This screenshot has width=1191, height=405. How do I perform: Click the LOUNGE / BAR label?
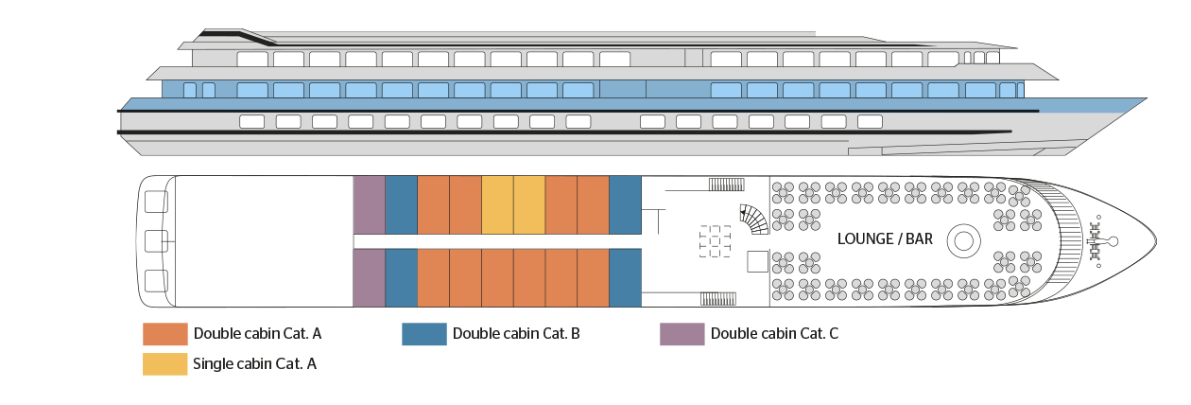tap(885, 239)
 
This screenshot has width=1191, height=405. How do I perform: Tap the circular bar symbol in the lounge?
tap(962, 240)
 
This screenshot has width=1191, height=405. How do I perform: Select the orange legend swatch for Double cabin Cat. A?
tap(165, 334)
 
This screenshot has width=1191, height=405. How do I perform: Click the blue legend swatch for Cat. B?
tap(423, 334)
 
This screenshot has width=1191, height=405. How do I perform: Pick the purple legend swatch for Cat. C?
tap(682, 334)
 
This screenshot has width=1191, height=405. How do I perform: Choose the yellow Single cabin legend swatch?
tap(165, 363)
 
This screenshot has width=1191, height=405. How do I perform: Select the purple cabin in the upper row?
tap(369, 204)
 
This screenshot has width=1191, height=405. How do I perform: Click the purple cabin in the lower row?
tap(369, 277)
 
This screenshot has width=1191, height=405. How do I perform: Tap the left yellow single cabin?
tap(497, 204)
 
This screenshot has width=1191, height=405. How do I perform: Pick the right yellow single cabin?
tap(529, 204)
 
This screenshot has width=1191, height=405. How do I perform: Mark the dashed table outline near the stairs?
tap(716, 240)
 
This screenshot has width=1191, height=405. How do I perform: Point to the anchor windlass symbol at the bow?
tap(1097, 240)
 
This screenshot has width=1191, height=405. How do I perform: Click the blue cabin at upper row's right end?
tap(625, 204)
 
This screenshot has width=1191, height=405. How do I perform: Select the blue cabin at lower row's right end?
tap(625, 277)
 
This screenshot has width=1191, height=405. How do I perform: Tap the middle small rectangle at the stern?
tap(157, 240)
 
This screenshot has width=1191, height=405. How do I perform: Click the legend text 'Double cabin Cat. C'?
tap(774, 334)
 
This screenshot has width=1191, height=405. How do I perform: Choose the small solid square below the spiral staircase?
tap(758, 260)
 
